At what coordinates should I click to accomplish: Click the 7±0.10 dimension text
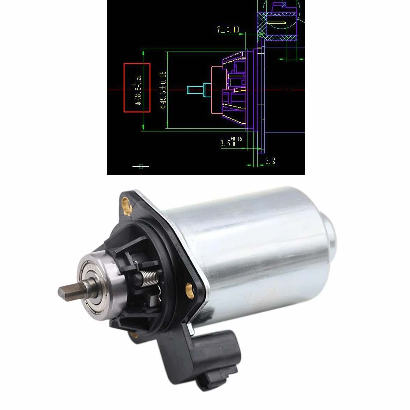(x=228, y=30)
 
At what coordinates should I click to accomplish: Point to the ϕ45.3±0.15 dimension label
(x=163, y=90)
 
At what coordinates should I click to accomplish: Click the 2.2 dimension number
(x=270, y=161)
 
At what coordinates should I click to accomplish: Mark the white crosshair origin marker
(x=141, y=166)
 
